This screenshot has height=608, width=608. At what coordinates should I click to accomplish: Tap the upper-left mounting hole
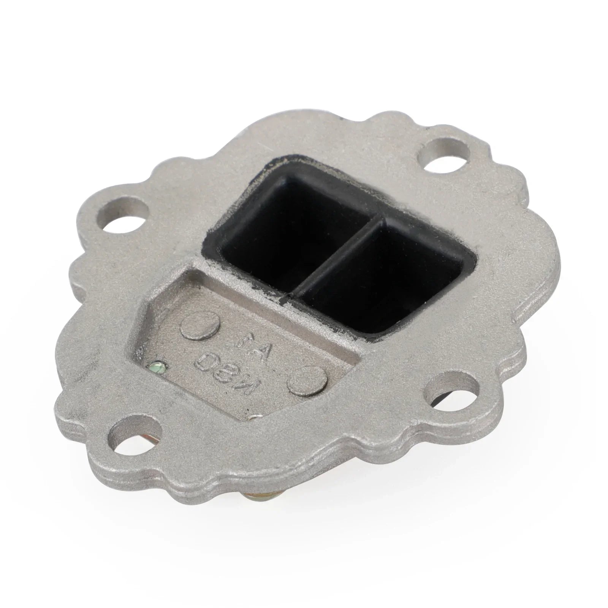coord(122,217)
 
